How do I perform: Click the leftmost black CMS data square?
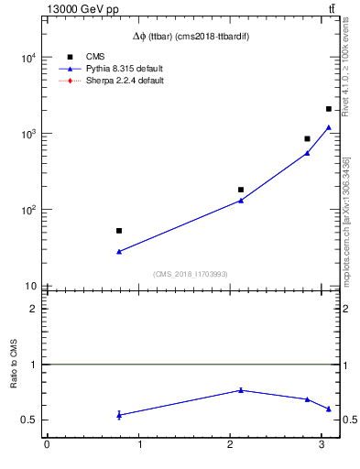(x=119, y=231)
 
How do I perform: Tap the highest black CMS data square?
(x=329, y=109)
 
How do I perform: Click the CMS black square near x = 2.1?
(x=241, y=190)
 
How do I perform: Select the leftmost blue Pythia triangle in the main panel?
(x=119, y=251)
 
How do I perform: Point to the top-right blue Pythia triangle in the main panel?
(x=329, y=127)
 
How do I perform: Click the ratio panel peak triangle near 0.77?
(x=241, y=390)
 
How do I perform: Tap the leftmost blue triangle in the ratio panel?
(x=119, y=415)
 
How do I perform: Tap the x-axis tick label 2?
(x=230, y=446)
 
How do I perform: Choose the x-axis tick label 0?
(x=47, y=446)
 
